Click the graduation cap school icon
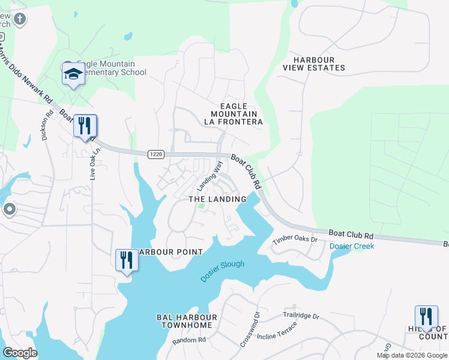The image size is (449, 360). coord(73,74)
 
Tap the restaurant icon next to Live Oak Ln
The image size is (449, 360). coord(85,126)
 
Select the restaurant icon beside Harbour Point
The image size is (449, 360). coord(127,260)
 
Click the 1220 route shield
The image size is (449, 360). coord(155,154)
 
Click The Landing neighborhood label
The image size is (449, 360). coord(217,199)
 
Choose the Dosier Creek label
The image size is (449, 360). coord(351,246)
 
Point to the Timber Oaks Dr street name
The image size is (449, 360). coord(294,240)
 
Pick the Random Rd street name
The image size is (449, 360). coord(189,340)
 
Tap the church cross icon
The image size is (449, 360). coord(19,19)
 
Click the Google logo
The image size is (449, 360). coord(20,352)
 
